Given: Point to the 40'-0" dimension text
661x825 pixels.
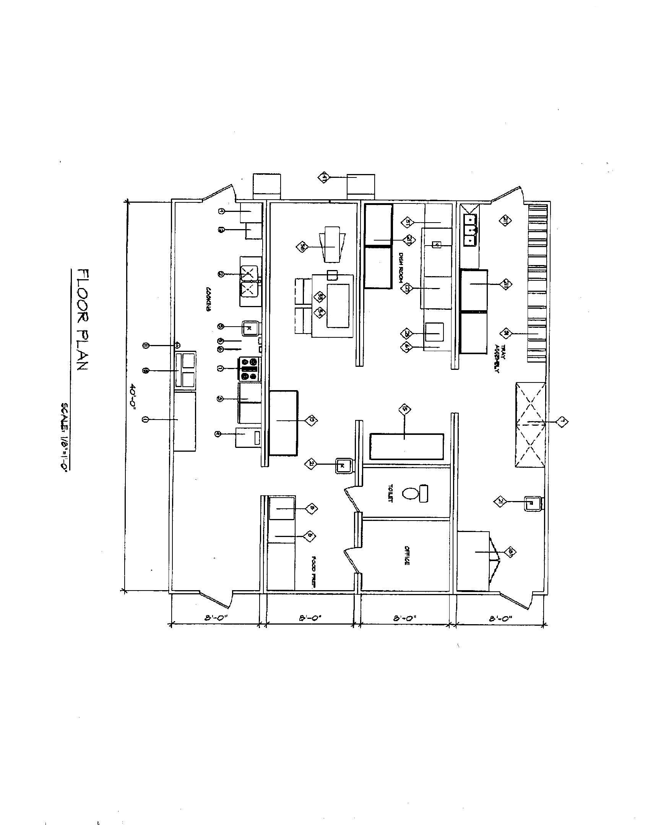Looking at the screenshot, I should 133,397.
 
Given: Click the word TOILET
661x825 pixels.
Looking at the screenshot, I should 390,494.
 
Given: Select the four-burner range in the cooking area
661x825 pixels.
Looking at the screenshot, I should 249,369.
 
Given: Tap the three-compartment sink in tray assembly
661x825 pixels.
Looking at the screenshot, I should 469,230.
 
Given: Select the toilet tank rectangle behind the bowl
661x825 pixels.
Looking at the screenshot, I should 424,493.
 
